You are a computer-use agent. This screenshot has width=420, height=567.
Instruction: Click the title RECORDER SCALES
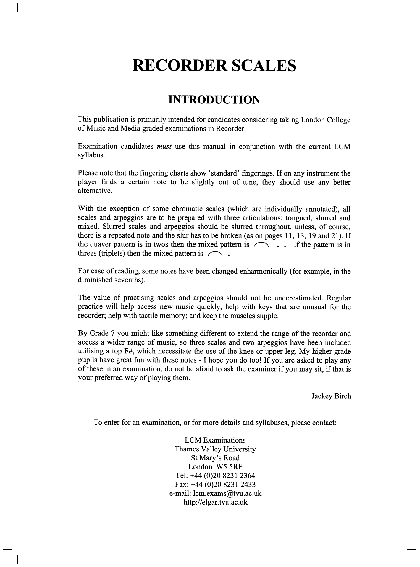tap(214, 65)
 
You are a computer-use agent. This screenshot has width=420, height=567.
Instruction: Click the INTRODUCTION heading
tap(214, 100)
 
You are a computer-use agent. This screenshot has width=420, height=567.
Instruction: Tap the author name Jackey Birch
tap(331, 396)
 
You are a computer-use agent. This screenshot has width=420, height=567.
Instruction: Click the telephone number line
tap(215, 476)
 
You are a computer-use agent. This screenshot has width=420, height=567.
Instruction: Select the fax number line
tap(215, 485)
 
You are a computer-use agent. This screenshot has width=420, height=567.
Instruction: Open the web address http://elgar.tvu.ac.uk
tap(215, 502)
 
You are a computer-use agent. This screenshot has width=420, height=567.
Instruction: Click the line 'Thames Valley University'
tap(215, 449)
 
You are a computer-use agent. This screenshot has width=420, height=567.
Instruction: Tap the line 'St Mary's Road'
tap(215, 458)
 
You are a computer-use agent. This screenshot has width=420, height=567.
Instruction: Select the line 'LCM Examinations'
tap(215, 440)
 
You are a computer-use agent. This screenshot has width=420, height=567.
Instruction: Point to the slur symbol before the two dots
tap(261, 245)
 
